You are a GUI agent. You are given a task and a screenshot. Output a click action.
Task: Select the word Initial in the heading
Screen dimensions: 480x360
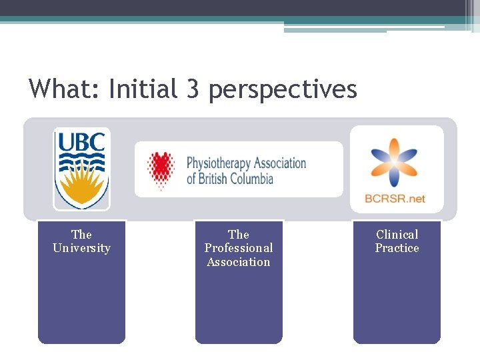[x=142, y=89]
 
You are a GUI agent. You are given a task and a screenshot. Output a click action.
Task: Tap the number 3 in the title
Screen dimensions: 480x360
[x=193, y=89]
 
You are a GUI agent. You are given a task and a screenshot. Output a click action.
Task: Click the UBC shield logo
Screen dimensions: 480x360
[x=82, y=168]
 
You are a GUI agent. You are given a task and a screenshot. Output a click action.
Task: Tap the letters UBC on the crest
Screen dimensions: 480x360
[x=81, y=142]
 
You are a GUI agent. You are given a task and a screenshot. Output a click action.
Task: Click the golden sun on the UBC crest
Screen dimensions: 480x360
[x=81, y=187]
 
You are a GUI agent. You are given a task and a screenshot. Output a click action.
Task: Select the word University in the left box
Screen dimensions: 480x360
[x=81, y=248]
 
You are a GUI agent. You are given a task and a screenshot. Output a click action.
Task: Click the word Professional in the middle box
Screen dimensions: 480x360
[x=239, y=248]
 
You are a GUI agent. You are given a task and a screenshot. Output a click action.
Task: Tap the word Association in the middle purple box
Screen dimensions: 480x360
[x=239, y=262]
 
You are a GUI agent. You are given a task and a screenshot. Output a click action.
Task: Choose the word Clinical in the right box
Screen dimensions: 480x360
[x=397, y=234]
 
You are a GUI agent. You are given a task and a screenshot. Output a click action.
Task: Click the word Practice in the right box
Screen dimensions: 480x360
[x=397, y=248]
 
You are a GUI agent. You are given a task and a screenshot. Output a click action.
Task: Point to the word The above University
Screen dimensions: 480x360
[x=81, y=234]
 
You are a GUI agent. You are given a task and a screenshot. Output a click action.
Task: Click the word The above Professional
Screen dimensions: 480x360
[x=239, y=234]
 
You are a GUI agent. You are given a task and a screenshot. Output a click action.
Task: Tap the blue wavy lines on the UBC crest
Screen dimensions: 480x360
[x=81, y=161]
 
